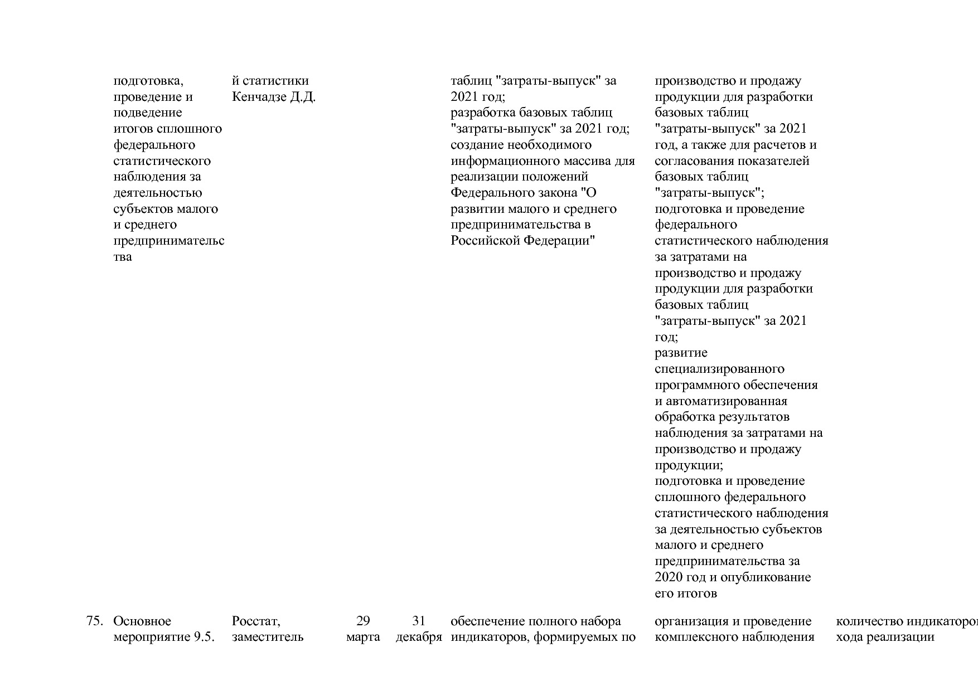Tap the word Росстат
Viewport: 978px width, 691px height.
[x=256, y=621]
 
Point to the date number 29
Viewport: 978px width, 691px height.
[x=363, y=621]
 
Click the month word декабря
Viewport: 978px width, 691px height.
[x=419, y=637]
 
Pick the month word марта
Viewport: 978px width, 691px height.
[x=363, y=637]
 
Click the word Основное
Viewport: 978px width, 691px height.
[x=142, y=621]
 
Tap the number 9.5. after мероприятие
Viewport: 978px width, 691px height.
[x=204, y=637]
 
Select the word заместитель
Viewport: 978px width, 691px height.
[x=268, y=637]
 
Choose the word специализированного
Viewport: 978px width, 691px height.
[x=719, y=369]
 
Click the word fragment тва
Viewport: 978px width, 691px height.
[x=123, y=257]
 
